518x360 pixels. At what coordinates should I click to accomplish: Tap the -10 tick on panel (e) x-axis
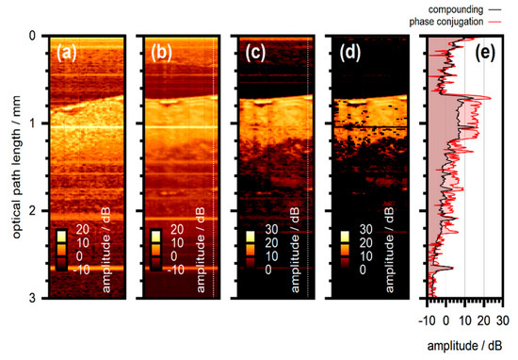pyautogui.click(x=427, y=320)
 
